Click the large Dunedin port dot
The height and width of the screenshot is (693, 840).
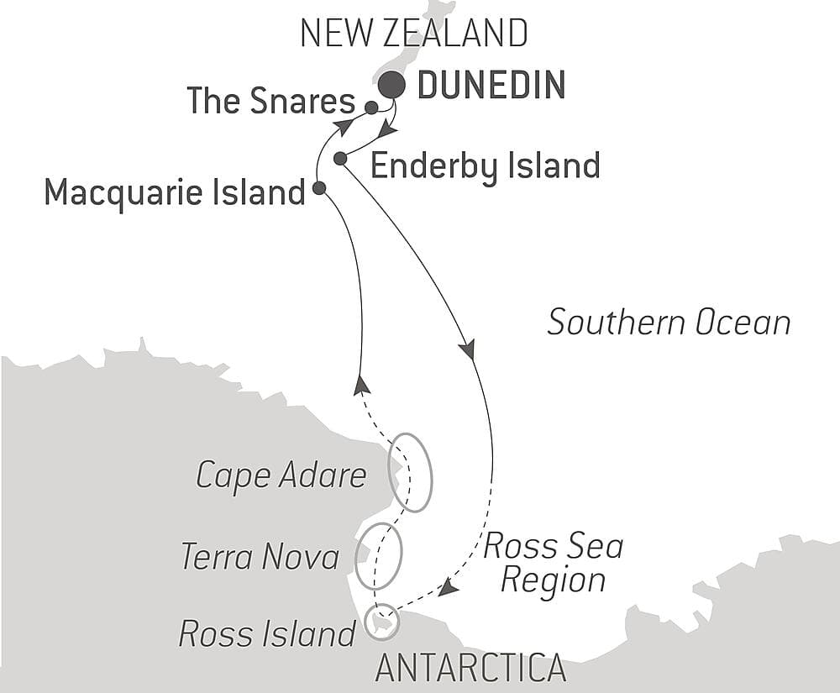point(391,85)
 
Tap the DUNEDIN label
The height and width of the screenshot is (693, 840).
point(491,86)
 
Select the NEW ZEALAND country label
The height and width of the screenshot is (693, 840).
point(414,34)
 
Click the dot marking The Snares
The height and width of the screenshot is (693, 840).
point(371,108)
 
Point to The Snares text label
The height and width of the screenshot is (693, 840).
point(270,102)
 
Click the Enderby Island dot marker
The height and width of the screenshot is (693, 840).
point(340,158)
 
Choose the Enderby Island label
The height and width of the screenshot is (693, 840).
point(485,165)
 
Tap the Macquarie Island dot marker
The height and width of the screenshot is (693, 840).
point(319,188)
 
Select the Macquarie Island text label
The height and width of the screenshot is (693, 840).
point(174,192)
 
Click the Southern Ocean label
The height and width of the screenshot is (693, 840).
point(669,323)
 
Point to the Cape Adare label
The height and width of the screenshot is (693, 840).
point(281,475)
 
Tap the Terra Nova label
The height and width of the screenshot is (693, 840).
point(260,556)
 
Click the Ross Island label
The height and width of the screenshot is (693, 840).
point(267,634)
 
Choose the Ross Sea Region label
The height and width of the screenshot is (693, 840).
point(553,563)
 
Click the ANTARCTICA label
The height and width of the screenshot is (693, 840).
point(470,669)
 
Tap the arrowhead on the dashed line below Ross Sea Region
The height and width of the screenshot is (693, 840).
point(448,589)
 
